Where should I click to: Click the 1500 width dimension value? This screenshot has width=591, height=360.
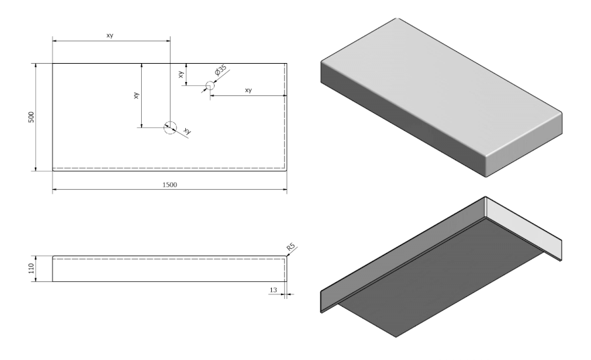169,185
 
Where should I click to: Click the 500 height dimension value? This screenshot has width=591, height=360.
30,117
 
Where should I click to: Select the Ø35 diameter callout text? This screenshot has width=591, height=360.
220,70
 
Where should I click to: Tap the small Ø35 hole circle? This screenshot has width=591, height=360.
210,85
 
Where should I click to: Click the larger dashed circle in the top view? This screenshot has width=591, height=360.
170,127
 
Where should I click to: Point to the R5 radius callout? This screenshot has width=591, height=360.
292,248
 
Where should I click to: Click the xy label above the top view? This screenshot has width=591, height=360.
110,35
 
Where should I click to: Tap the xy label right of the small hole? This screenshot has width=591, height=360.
248,90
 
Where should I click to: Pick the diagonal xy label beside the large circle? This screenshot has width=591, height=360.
187,131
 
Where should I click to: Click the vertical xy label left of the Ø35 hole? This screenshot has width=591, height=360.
181,75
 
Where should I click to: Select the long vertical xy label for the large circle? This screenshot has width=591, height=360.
136,95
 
